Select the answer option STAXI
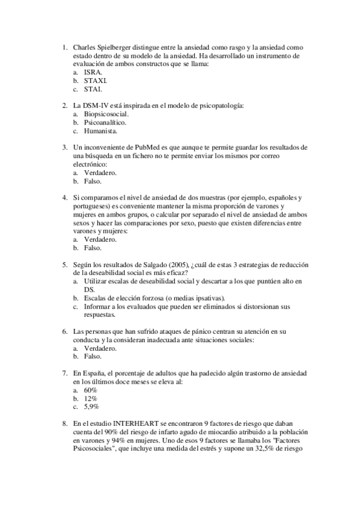[x=96, y=80]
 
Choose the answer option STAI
[x=93, y=89]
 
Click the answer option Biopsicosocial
[x=106, y=114]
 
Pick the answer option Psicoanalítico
[x=105, y=122]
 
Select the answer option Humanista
[x=100, y=131]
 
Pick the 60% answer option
[x=91, y=390]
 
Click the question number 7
[x=65, y=373]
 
